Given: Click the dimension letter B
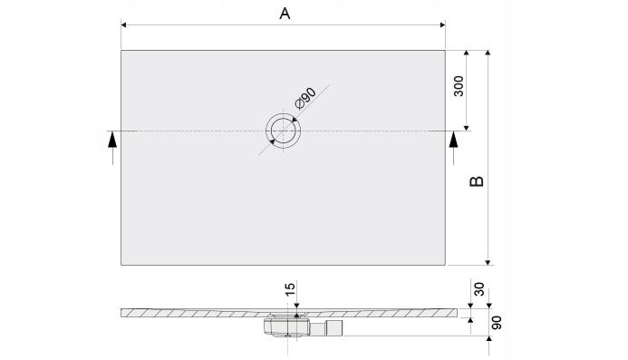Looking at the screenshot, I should [478, 180].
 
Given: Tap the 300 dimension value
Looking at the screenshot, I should [459, 87].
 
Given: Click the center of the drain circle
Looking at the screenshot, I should [285, 131].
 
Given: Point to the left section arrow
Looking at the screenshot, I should [112, 141].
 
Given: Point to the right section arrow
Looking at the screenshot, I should [455, 141].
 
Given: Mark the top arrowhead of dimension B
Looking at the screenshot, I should [488, 54].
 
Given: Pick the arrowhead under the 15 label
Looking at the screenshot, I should [296, 306].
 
